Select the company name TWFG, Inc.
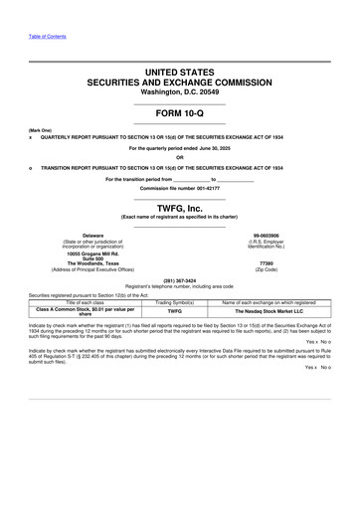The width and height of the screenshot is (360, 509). click(179, 207)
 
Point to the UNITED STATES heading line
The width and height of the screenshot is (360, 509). click(179, 73)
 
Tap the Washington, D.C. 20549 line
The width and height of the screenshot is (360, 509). click(179, 92)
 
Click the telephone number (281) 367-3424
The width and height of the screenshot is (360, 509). click(179, 280)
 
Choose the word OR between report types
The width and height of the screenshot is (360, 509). click(179, 157)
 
